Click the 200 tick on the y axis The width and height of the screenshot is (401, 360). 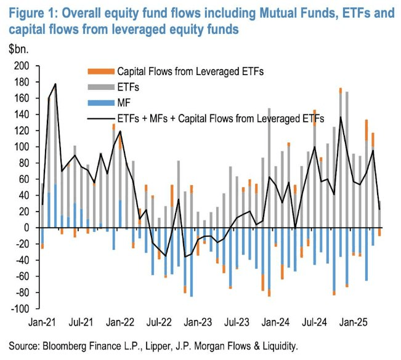tap(21, 66)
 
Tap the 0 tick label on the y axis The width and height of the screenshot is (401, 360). tap(26, 228)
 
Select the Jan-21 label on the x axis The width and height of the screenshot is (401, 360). tap(41, 322)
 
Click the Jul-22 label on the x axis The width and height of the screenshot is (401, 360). tap(159, 322)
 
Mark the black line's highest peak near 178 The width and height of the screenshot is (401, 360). tap(55, 84)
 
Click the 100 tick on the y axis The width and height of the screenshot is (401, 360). tap(21, 147)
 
